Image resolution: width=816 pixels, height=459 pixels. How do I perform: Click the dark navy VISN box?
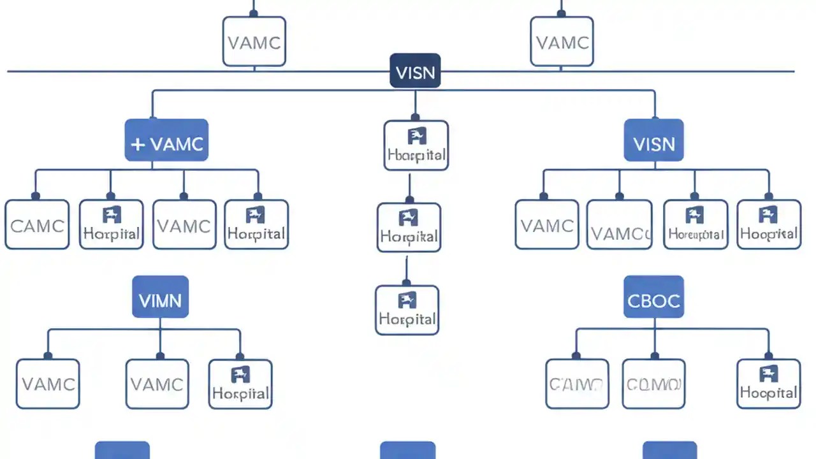415,71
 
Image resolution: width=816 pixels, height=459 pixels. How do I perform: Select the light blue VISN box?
653,140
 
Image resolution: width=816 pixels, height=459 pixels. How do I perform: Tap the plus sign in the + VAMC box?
138,144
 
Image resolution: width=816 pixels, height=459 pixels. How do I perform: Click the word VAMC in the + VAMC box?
177,144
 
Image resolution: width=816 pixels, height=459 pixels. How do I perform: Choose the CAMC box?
37,224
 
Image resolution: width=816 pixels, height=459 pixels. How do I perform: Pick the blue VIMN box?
160,297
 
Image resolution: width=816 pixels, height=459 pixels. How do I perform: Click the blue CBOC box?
653,297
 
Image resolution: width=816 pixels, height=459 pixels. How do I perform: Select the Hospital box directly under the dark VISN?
416,146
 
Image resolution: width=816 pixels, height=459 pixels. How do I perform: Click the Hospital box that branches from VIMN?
240,384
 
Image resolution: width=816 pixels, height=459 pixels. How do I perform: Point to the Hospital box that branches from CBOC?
768,384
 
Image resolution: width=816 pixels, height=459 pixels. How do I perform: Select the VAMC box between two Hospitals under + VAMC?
184,224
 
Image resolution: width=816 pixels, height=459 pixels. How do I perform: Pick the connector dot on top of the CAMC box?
36,196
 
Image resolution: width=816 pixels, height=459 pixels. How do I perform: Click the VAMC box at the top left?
254,42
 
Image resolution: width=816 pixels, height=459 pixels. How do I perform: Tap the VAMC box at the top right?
562,42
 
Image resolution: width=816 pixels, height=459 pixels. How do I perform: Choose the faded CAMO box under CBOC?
577,384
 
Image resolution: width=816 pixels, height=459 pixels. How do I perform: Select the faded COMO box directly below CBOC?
653,384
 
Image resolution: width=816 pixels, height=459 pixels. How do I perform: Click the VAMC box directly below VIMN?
157,384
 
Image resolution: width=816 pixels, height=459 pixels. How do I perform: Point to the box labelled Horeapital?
696,224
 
